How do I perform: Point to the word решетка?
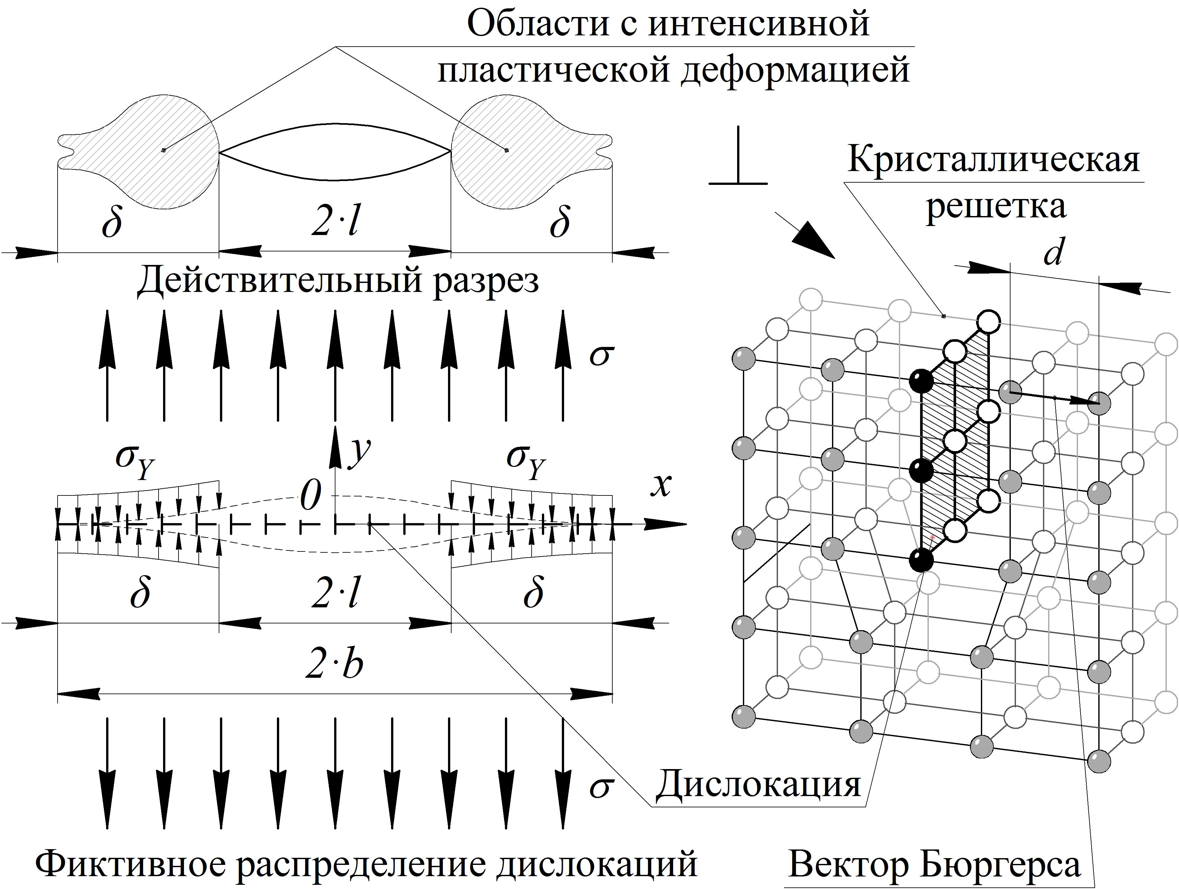pyautogui.click(x=996, y=207)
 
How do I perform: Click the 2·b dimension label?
pyautogui.click(x=335, y=665)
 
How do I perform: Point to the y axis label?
pyautogui.click(x=360, y=453)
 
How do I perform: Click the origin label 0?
pyautogui.click(x=311, y=496)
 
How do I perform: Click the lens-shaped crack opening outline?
pyautogui.click(x=335, y=152)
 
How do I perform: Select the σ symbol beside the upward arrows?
pyautogui.click(x=601, y=356)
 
